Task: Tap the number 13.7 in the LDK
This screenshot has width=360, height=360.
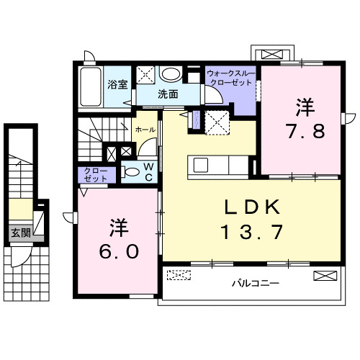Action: pyautogui.click(x=252, y=232)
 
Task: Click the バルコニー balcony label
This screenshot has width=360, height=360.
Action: pyautogui.click(x=254, y=283)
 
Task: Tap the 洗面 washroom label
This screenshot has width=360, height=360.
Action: pyautogui.click(x=168, y=94)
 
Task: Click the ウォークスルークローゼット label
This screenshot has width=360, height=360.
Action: pyautogui.click(x=230, y=78)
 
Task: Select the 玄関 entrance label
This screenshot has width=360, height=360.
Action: pyautogui.click(x=20, y=233)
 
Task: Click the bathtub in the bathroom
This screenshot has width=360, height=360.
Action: pyautogui.click(x=91, y=89)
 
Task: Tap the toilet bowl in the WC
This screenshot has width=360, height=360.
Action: pyautogui.click(x=131, y=173)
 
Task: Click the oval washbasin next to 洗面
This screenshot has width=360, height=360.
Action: pyautogui.click(x=171, y=73)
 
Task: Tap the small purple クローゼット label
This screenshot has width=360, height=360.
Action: pyautogui.click(x=92, y=174)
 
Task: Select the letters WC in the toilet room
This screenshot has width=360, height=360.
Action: pyautogui.click(x=148, y=172)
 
